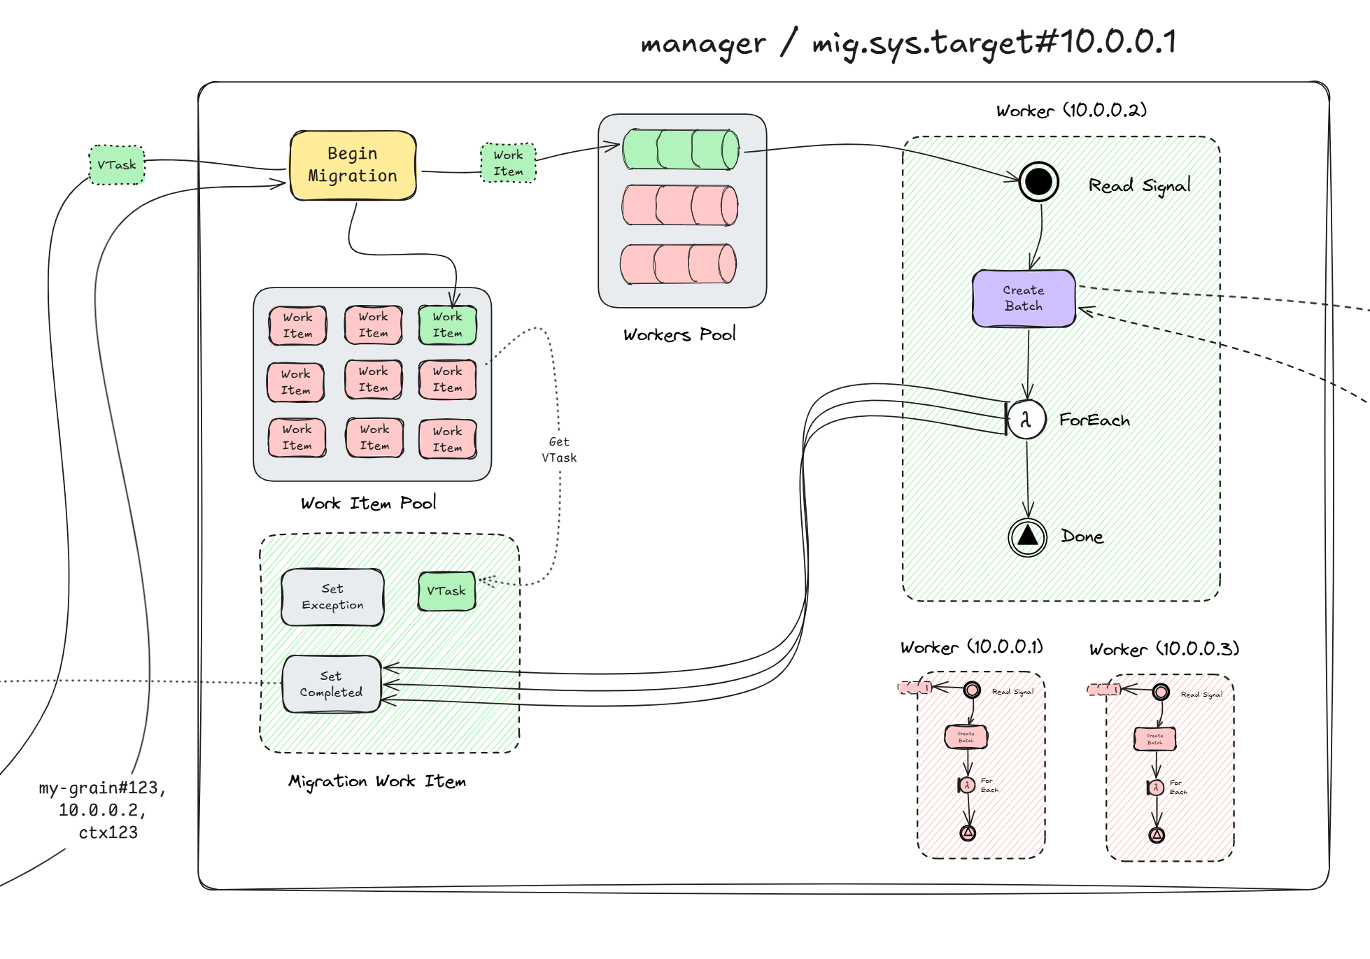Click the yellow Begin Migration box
(x=353, y=165)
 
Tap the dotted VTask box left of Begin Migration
(x=117, y=165)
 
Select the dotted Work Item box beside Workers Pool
(x=508, y=163)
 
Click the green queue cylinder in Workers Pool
(x=680, y=149)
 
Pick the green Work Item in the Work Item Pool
(x=447, y=325)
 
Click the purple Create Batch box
(x=1024, y=299)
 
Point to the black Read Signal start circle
(x=1038, y=182)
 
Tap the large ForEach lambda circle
(x=1026, y=420)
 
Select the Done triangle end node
(x=1027, y=537)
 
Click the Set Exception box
(x=332, y=597)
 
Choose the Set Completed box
(x=332, y=684)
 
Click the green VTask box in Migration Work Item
(x=446, y=591)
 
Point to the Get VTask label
(x=559, y=450)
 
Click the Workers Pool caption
(x=679, y=334)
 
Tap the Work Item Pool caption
(x=368, y=503)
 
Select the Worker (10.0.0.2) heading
(x=1071, y=111)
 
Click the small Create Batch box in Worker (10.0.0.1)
(x=966, y=737)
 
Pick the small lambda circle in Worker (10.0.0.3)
(x=1156, y=788)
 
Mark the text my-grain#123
(x=102, y=788)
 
